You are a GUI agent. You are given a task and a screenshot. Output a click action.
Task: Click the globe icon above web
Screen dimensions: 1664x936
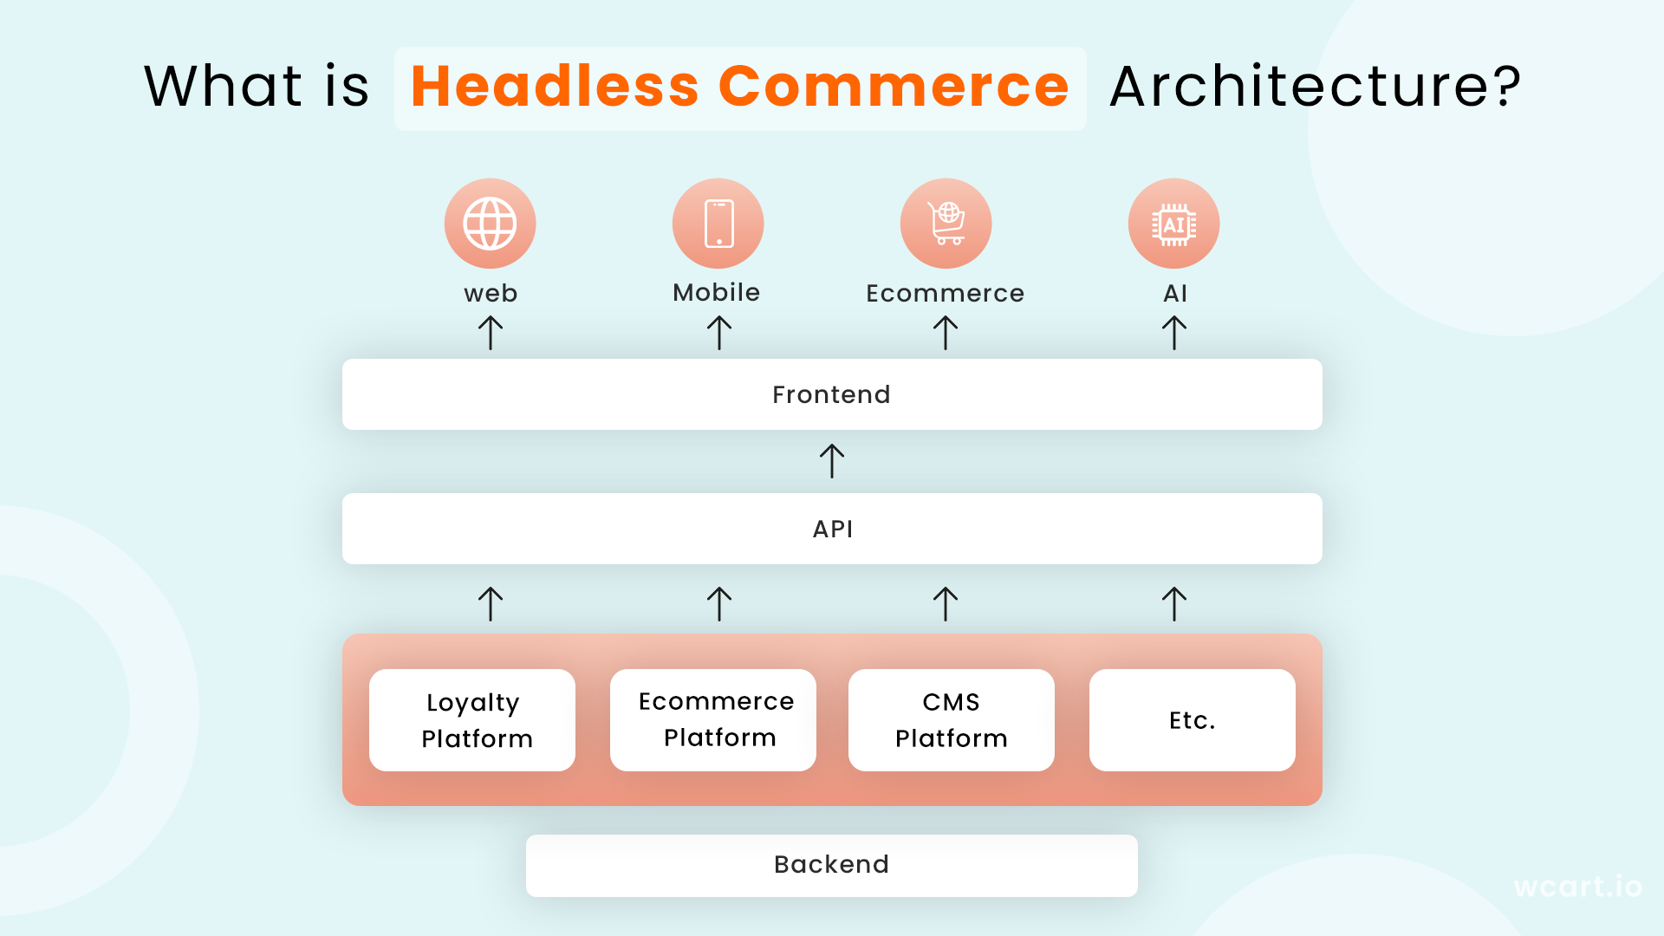[491, 224]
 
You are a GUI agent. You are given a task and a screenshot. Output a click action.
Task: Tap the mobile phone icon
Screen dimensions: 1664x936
[718, 224]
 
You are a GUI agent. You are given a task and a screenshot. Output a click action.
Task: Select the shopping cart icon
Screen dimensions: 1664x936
[946, 224]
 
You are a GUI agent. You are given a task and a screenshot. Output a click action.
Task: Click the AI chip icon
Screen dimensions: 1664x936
[1174, 224]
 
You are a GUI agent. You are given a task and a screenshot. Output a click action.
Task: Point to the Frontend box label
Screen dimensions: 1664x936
[831, 394]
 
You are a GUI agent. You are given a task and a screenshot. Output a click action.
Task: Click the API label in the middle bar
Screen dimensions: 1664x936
[833, 529]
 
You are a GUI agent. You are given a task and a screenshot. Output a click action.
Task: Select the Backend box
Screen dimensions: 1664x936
[832, 865]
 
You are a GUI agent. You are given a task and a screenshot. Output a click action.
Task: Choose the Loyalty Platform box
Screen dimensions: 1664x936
[472, 720]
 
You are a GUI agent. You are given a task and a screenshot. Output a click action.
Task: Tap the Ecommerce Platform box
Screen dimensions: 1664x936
[713, 720]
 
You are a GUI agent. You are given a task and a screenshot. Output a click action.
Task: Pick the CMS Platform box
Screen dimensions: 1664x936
[952, 720]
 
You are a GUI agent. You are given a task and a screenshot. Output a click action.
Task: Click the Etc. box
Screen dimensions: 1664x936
[1193, 720]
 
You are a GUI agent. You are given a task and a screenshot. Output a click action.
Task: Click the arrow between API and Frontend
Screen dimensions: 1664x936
[832, 461]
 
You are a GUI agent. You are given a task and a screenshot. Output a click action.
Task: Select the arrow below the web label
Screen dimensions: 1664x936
[491, 333]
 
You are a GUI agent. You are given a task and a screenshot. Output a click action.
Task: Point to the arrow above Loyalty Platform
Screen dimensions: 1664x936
[491, 604]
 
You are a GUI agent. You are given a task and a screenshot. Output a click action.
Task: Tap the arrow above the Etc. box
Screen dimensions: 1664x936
[1174, 604]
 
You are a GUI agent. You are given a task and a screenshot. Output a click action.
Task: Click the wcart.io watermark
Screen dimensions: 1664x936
[1577, 887]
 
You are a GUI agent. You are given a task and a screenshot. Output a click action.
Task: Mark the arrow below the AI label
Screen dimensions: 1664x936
[1174, 333]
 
